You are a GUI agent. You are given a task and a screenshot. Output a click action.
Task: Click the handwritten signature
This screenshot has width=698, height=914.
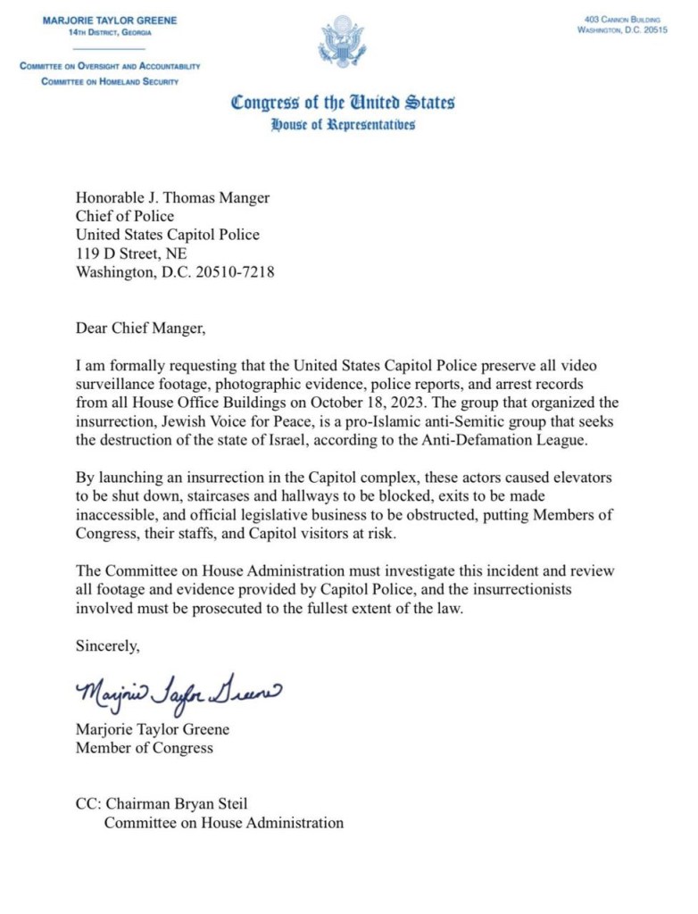pos(179,689)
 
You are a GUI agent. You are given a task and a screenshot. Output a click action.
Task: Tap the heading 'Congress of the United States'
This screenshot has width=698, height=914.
pos(343,102)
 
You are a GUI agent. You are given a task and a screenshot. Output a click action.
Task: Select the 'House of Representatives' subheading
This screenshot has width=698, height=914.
pos(343,125)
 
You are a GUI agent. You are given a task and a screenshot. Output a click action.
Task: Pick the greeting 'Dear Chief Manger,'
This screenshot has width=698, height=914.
pos(141,328)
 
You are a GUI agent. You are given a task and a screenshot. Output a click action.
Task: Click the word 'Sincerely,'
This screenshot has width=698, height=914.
pos(108,645)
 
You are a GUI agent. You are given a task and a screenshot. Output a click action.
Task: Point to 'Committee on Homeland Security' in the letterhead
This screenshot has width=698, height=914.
pos(110,81)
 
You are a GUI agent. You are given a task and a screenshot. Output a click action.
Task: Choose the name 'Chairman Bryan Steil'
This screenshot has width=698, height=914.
pos(177,804)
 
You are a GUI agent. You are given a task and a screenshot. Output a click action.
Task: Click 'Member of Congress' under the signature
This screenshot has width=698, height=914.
pos(145,747)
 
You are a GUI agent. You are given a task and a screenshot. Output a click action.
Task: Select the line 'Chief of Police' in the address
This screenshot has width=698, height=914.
pos(125,216)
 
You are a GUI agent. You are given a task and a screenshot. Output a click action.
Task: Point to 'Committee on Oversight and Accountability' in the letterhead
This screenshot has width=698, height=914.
pos(110,66)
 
